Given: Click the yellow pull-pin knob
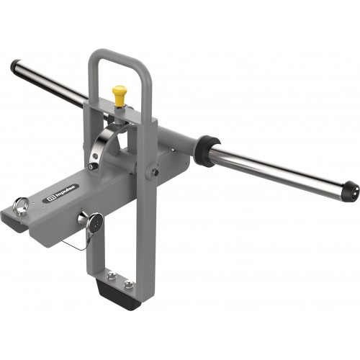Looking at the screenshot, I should click(119, 92).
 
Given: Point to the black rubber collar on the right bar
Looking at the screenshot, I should click(204, 149).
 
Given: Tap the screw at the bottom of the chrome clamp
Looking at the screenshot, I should click(91, 166).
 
